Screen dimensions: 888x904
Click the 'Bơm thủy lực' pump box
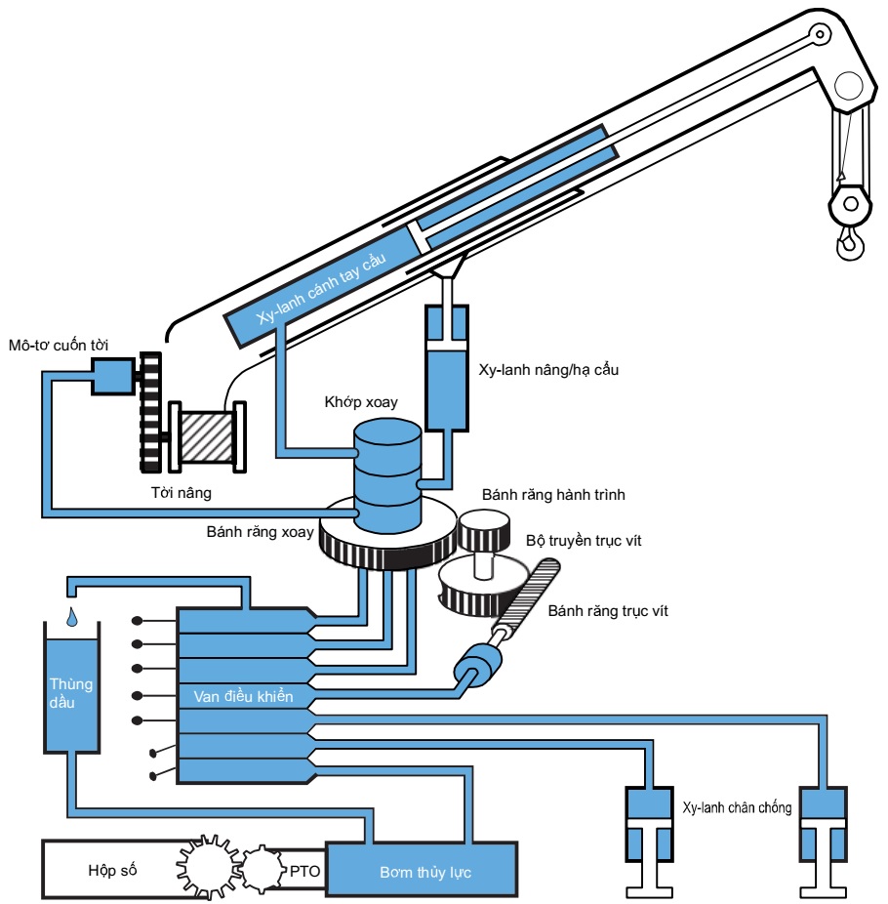[422, 870]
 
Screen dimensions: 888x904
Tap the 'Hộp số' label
[112, 870]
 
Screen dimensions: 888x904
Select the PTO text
[304, 871]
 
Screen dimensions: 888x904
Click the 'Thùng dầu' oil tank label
[71, 693]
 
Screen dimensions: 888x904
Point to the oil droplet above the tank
[71, 617]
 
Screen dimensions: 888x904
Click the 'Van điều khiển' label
[243, 696]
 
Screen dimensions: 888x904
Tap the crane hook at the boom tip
[850, 242]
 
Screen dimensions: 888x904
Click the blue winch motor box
[113, 376]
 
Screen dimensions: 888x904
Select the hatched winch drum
[208, 436]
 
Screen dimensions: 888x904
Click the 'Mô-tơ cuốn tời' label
[59, 345]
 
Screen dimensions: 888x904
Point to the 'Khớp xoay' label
[361, 402]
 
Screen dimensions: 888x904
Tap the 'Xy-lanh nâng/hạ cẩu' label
[548, 370]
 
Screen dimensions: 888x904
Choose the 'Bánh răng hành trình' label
[553, 495]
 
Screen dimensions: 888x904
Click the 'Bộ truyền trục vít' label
[584, 540]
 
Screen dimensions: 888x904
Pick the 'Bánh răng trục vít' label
[608, 610]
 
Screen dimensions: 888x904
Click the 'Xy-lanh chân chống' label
[737, 807]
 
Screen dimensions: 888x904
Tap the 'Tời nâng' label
[181, 492]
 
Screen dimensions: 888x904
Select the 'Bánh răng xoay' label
[260, 531]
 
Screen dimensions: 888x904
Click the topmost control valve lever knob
[138, 621]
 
